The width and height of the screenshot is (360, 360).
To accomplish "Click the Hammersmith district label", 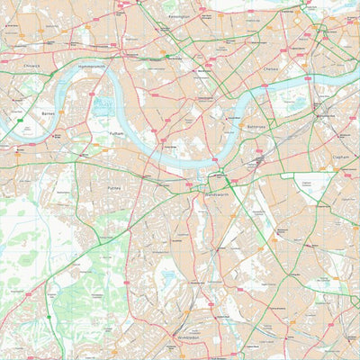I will pos(92,67).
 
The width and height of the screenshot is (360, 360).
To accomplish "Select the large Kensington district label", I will pos(178,17).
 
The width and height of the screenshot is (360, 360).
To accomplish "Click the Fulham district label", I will pos(115,132).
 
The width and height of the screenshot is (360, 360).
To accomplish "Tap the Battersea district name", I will pos(256,127).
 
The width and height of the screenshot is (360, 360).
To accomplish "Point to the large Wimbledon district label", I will pos(182,339).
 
